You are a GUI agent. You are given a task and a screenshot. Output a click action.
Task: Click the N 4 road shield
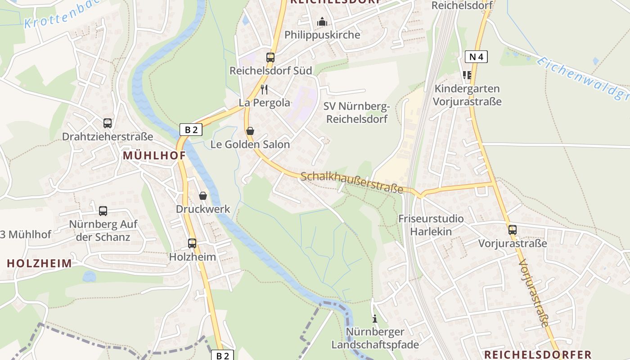(x=476, y=57)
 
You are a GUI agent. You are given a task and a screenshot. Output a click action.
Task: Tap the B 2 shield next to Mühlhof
(x=191, y=130)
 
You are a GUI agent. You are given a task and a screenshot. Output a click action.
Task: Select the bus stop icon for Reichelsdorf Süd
(x=270, y=58)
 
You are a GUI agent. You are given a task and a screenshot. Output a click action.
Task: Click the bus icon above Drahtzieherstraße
(x=107, y=123)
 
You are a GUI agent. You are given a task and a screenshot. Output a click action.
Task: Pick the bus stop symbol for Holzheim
(x=192, y=243)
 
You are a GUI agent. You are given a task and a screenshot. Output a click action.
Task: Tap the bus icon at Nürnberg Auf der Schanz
(x=103, y=211)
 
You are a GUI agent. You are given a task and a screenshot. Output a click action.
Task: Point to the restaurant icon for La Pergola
(x=264, y=90)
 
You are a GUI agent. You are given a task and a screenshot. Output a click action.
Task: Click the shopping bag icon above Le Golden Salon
(x=250, y=131)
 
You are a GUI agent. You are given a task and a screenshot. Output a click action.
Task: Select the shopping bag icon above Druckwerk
(x=203, y=196)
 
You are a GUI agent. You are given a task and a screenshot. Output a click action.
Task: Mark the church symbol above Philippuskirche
(x=322, y=22)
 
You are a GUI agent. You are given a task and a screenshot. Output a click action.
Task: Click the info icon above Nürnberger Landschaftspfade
(x=374, y=319)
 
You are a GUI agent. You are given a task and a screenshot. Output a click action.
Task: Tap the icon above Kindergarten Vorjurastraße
(x=467, y=75)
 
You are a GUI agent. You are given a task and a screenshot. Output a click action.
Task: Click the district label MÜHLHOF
(x=154, y=156)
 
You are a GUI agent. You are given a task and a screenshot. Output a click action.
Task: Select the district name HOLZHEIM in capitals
(x=39, y=264)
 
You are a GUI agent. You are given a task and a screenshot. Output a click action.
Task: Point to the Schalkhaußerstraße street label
(x=351, y=182)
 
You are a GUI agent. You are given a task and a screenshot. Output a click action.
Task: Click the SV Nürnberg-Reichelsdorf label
(x=356, y=113)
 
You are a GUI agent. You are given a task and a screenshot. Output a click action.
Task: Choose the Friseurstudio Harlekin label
(x=431, y=225)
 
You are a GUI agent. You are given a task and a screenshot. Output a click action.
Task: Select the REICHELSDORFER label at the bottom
(x=537, y=354)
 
